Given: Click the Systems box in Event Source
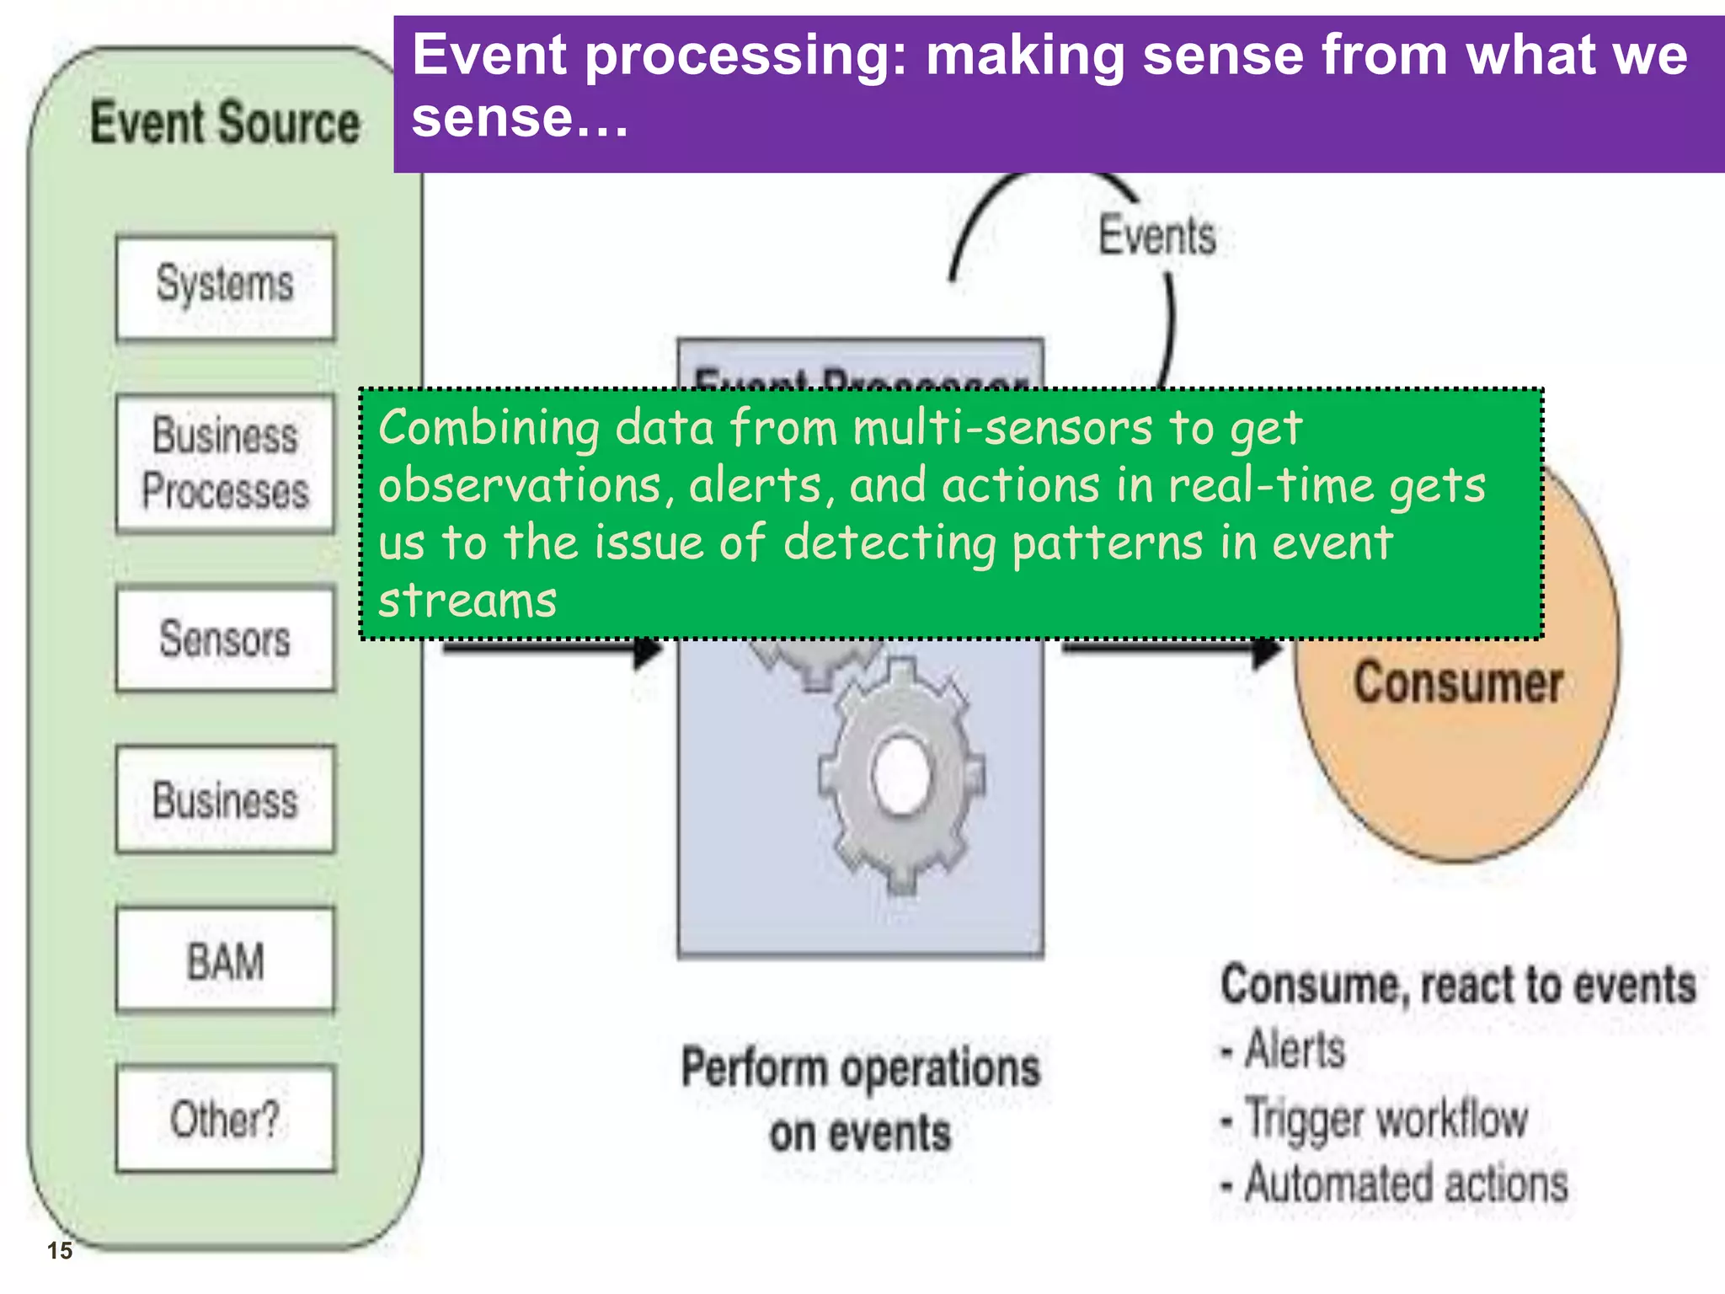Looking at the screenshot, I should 225,286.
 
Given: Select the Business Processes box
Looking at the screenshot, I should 225,463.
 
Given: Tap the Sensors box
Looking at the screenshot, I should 225,639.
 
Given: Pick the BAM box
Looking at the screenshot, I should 225,960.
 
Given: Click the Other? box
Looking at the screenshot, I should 225,1119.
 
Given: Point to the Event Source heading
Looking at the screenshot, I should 225,123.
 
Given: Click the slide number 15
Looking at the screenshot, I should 60,1250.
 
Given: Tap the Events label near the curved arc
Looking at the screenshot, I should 1157,235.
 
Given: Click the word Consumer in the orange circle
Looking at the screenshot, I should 1458,682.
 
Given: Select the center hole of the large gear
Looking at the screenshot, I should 901,773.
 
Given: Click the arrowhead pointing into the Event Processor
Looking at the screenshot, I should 647,650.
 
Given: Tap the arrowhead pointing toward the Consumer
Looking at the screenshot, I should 1266,650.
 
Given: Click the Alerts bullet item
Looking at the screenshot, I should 1294,1050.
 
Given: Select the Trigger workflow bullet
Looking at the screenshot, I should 1386,1119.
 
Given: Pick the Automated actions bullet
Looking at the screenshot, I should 1405,1184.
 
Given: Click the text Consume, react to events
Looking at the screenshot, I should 1458,984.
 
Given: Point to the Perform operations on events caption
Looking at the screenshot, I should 860,1099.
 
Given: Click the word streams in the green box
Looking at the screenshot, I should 467,601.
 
